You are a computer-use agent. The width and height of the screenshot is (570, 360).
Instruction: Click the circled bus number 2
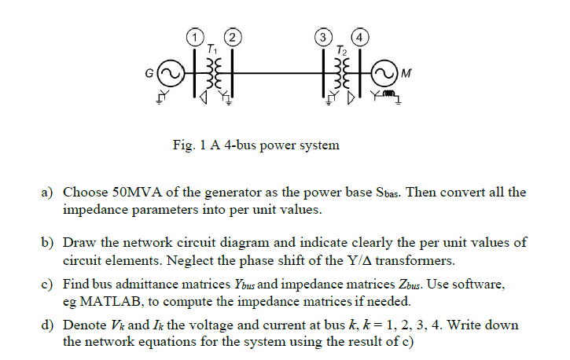point(232,36)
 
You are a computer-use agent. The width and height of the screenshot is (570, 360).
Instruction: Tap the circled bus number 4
point(360,36)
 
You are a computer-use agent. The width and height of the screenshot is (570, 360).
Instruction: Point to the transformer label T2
point(341,49)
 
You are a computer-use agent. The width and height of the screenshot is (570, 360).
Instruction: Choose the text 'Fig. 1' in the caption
point(189,145)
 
